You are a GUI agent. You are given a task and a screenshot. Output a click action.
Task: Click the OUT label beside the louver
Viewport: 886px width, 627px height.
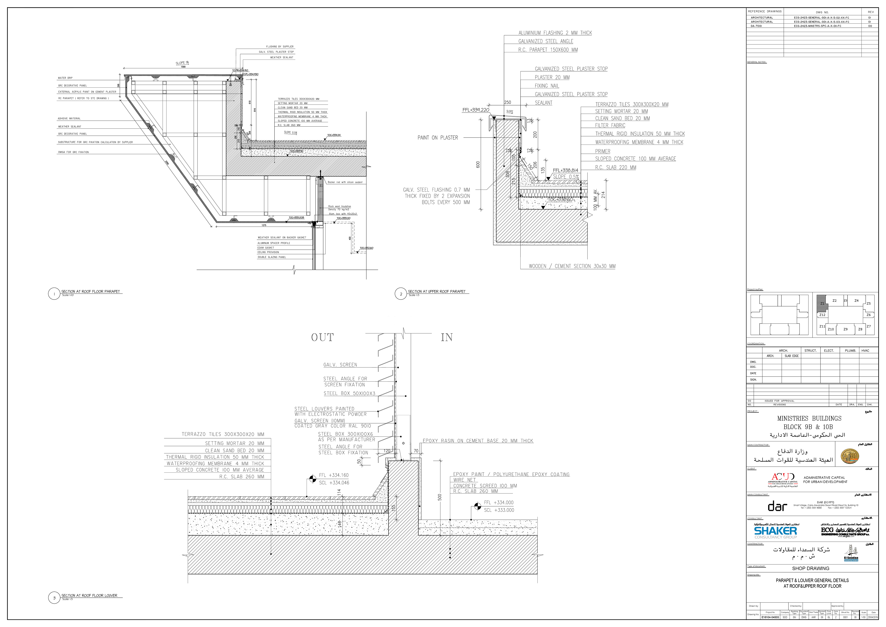pyautogui.click(x=322, y=337)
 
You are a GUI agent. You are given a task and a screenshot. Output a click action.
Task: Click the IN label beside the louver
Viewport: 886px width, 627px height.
pyautogui.click(x=447, y=337)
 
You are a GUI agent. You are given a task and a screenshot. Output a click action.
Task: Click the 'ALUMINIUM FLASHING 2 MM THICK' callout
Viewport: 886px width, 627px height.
pyautogui.click(x=555, y=33)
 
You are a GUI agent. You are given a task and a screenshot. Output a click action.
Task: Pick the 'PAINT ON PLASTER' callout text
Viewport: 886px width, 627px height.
pyautogui.click(x=437, y=138)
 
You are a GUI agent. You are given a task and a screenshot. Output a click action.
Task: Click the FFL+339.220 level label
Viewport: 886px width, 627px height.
pyautogui.click(x=476, y=110)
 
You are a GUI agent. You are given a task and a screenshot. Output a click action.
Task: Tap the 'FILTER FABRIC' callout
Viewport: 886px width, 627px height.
pyautogui.click(x=610, y=126)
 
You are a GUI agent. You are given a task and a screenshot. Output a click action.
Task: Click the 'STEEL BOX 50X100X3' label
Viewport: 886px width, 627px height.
pyautogui.click(x=349, y=393)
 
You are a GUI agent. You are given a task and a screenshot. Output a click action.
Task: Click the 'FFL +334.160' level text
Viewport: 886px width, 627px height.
pyautogui.click(x=334, y=475)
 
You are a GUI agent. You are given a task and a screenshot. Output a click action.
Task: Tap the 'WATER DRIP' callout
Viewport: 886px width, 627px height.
pyautogui.click(x=65, y=78)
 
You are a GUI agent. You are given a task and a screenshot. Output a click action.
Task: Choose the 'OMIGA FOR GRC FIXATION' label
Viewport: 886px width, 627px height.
pyautogui.click(x=73, y=152)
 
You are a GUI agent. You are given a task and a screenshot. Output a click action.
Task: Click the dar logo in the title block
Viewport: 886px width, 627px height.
pyautogui.click(x=777, y=506)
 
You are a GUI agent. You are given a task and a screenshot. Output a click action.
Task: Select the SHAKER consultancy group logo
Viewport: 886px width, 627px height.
pyautogui.click(x=775, y=532)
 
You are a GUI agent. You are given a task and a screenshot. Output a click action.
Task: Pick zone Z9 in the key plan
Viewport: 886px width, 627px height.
pyautogui.click(x=845, y=329)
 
